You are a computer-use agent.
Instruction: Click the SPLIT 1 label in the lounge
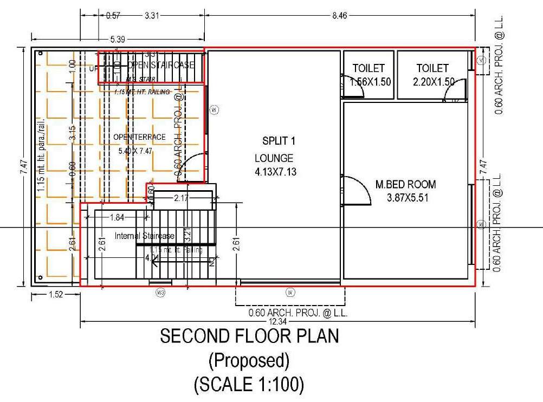279,141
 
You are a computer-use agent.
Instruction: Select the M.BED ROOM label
405,185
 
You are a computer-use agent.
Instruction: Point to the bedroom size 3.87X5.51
408,198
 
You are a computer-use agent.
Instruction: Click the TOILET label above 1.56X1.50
369,68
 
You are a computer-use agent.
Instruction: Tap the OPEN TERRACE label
139,137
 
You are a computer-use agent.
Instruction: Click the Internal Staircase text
145,236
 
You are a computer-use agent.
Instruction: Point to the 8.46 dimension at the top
339,16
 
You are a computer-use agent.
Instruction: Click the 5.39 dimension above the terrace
119,39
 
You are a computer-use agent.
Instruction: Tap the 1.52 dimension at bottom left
56,295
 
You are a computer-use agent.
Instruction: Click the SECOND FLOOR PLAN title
249,336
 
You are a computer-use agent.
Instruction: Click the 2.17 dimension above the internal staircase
182,199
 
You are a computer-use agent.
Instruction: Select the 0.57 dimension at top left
113,16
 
